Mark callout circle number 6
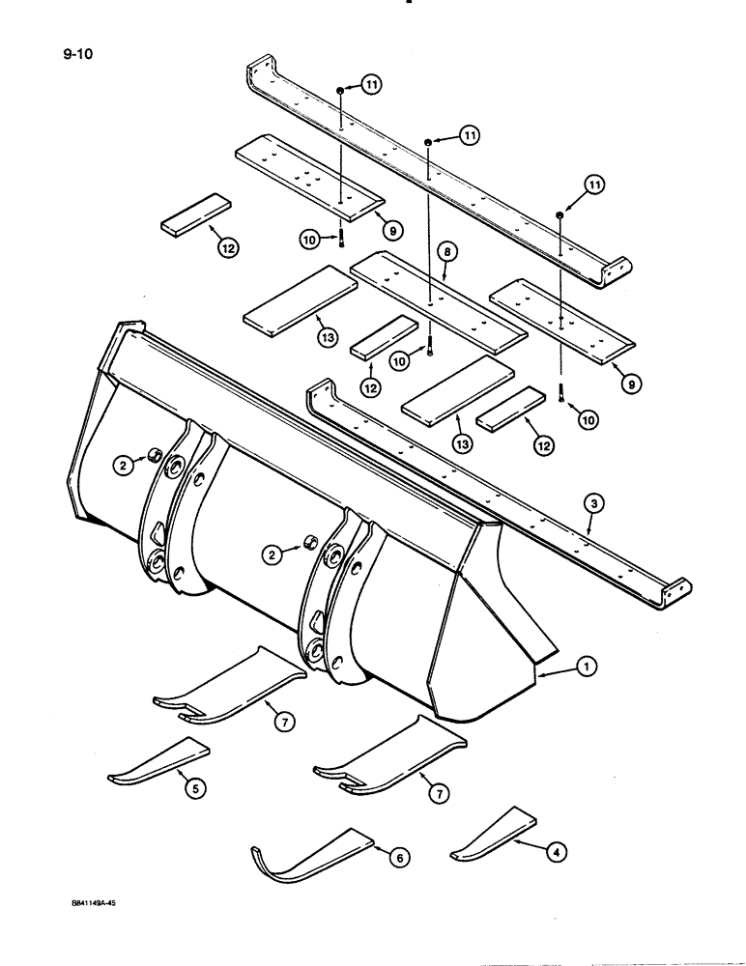[396, 854]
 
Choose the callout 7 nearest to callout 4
[442, 792]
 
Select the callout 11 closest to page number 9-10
[372, 86]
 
